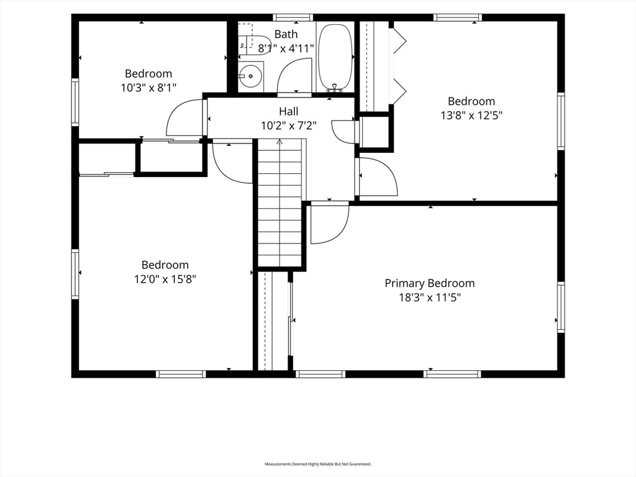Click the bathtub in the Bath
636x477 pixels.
click(335, 57)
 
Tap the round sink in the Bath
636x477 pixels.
click(250, 76)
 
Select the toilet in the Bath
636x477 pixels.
click(251, 45)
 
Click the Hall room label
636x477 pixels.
click(288, 111)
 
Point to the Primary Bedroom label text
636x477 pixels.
click(430, 283)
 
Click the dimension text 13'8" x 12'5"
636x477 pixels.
click(471, 116)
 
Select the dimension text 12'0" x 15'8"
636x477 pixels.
click(165, 279)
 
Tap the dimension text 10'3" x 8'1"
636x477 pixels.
click(148, 88)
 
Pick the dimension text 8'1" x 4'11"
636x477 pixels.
click(286, 48)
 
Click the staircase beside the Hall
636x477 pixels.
click(281, 203)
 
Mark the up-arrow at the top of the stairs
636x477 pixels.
click(279, 142)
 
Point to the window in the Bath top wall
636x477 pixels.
click(293, 17)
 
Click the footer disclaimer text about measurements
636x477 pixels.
click(318, 464)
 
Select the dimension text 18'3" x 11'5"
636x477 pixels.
click(430, 298)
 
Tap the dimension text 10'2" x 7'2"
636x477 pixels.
click(288, 125)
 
